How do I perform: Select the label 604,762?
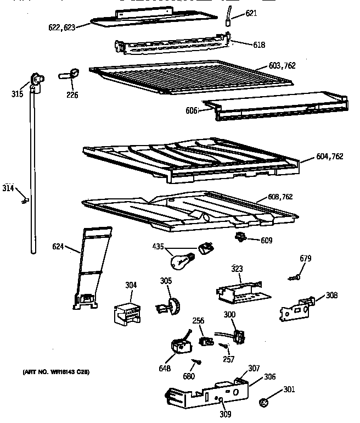330,157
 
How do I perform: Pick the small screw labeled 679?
295,277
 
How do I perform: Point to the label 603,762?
282,66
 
